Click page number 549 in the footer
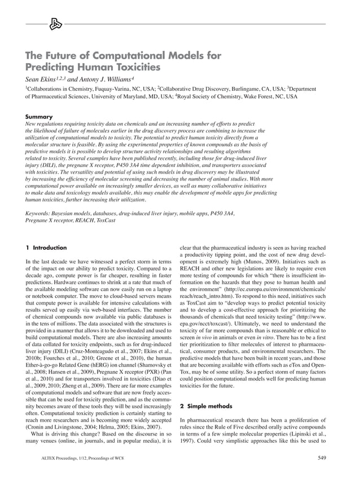coord(321,457)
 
